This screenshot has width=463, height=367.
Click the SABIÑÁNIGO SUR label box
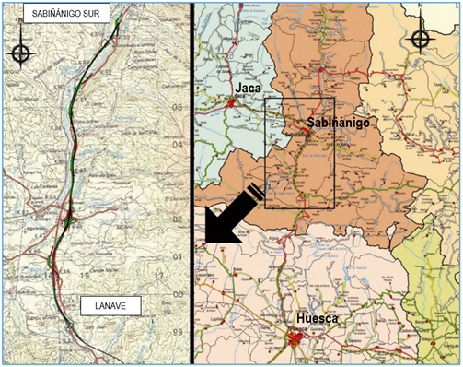[57, 13]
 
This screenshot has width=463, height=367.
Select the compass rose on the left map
[19, 52]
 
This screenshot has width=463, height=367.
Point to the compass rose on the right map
[420, 39]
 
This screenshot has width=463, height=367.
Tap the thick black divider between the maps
[191, 184]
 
